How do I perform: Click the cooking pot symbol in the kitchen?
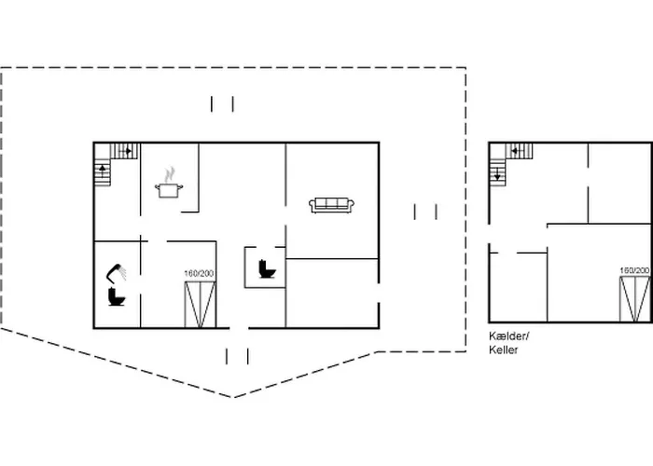point(169,189)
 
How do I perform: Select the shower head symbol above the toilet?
point(118,273)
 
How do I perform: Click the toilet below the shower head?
point(117,297)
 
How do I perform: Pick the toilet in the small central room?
point(265,269)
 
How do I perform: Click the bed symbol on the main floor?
point(200,305)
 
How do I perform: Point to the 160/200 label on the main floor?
point(200,273)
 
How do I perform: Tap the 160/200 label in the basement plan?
point(635,270)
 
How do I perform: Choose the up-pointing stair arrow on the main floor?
point(102,171)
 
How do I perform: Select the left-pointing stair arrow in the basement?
point(511,150)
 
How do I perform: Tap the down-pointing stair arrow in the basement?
point(497,172)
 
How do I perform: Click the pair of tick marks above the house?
point(222,103)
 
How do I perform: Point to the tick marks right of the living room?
point(425,212)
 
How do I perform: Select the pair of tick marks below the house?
point(237,355)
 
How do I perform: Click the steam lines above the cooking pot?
point(169,174)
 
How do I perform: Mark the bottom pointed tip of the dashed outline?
point(233,397)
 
